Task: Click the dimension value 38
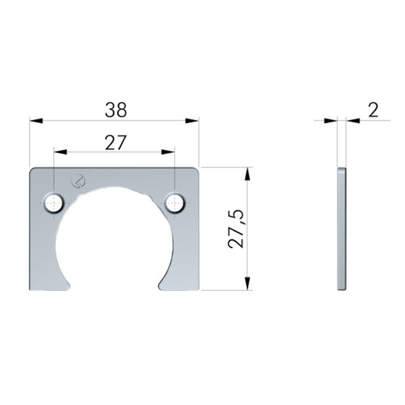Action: (x=116, y=110)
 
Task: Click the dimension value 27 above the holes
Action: (x=116, y=142)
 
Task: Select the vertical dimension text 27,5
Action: (x=236, y=229)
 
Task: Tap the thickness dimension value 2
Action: (x=373, y=110)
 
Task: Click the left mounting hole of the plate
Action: (x=54, y=203)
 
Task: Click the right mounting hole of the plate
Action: (x=175, y=203)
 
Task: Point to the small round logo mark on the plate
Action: (x=78, y=180)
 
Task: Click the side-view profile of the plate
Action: (x=342, y=228)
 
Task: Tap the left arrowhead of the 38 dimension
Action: (x=36, y=121)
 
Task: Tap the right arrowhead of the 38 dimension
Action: (x=192, y=121)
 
